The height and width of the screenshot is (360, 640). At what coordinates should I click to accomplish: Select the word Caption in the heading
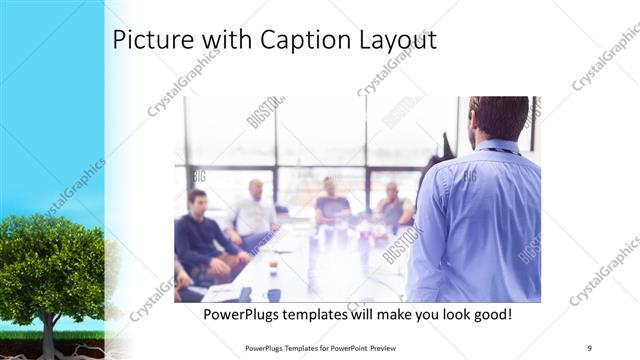tap(300, 41)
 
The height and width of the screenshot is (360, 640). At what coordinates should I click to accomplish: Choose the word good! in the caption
tap(488, 314)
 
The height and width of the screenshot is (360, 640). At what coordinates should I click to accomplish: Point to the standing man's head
tap(498, 116)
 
